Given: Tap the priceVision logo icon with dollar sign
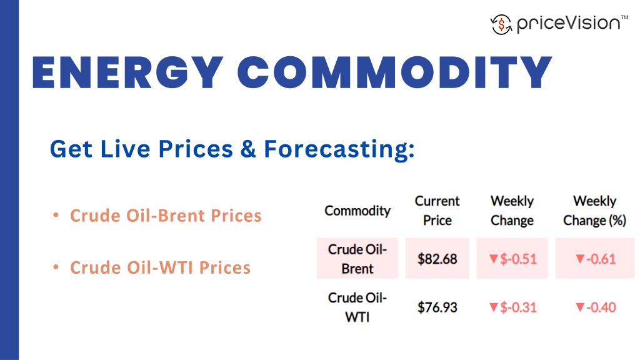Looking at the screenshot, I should click(501, 24).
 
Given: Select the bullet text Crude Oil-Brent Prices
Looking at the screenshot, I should click(166, 216).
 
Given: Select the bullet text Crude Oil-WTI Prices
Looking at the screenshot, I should click(160, 267).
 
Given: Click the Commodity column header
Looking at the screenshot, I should click(357, 211).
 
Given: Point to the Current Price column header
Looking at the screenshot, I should click(437, 211).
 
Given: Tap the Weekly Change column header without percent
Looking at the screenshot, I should click(512, 211).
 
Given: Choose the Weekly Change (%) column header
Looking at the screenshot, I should click(594, 211).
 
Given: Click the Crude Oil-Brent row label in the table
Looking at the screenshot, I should click(357, 259).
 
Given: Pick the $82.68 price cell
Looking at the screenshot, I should click(437, 259).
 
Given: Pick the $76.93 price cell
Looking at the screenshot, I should click(437, 307).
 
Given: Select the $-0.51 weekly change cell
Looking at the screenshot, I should click(512, 259).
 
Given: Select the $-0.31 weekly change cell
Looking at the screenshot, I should click(512, 307).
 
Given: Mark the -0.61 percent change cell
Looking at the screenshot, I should click(595, 259).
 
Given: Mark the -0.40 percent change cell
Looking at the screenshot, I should click(595, 307).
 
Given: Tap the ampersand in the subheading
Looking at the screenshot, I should click(249, 149).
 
